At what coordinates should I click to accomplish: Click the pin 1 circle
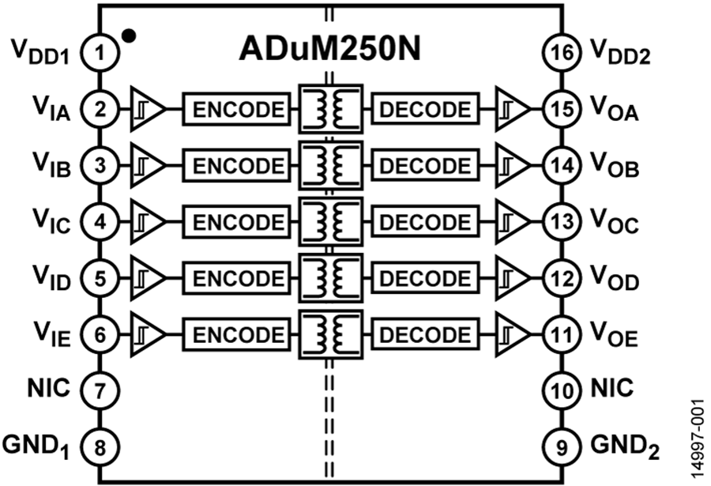[x=100, y=53]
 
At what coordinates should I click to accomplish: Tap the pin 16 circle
[x=562, y=53]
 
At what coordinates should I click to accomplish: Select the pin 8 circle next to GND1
[x=100, y=448]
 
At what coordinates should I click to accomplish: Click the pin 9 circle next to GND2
[x=562, y=448]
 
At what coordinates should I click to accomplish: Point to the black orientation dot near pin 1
[x=129, y=36]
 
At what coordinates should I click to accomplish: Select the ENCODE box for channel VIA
[x=236, y=109]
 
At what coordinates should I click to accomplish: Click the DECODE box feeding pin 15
[x=425, y=109]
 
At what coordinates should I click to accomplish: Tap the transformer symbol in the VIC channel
[x=330, y=222]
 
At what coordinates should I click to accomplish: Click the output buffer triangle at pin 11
[x=513, y=335]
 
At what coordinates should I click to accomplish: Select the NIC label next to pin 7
[x=48, y=389]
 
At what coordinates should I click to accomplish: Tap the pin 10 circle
[x=562, y=391]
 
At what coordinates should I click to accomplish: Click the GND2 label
[x=624, y=446]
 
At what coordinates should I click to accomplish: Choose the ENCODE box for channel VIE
[x=236, y=335]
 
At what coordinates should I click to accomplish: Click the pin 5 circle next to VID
[x=100, y=279]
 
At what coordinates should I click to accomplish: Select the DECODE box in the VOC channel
[x=425, y=222]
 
